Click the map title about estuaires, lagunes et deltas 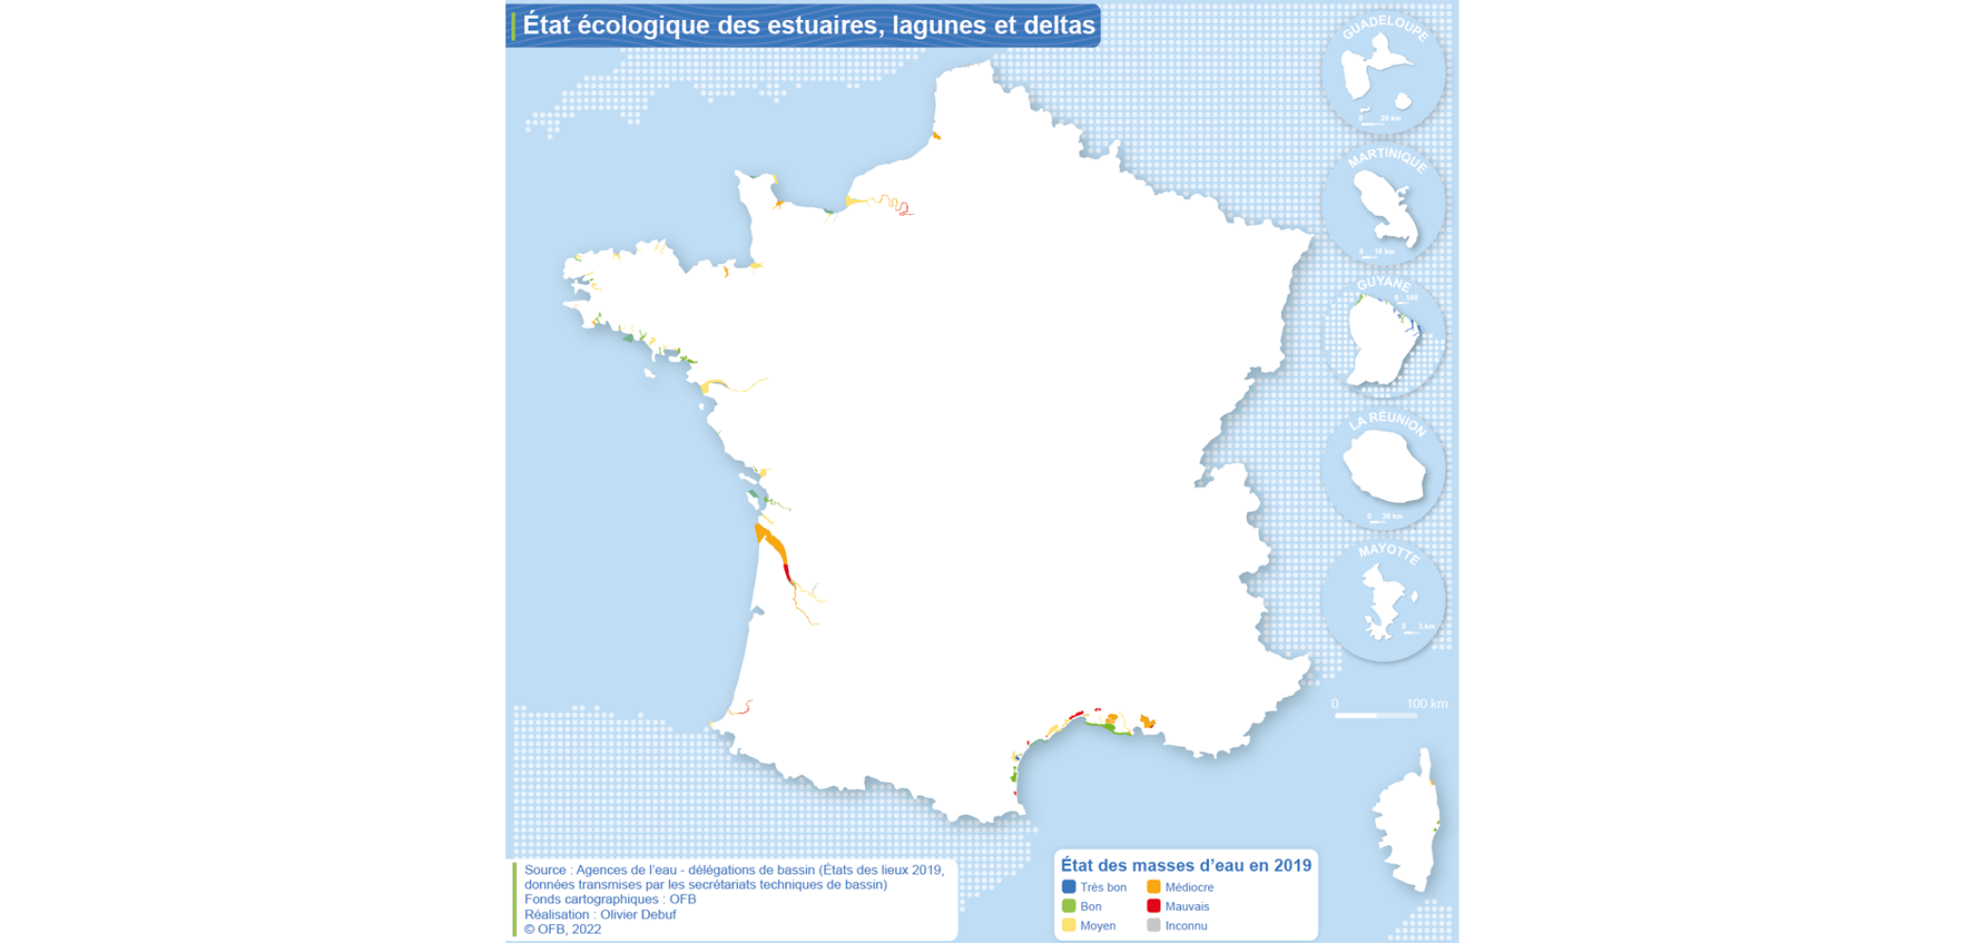click(x=808, y=25)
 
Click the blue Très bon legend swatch click(x=1069, y=887)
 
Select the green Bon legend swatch click(x=1069, y=906)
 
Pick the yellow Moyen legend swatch click(x=1069, y=925)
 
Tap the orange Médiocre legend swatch click(x=1153, y=887)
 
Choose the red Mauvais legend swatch click(x=1153, y=906)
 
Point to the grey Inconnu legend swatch click(x=1153, y=925)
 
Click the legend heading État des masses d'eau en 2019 click(x=1185, y=865)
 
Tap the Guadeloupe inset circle click(x=1383, y=72)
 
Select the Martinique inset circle click(x=1383, y=204)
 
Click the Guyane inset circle click(x=1383, y=336)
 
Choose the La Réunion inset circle click(x=1383, y=468)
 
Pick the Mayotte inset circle click(x=1383, y=600)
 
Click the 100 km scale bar click(x=1376, y=715)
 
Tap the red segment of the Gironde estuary click(x=787, y=572)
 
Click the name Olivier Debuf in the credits click(x=638, y=915)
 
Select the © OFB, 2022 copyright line click(x=563, y=929)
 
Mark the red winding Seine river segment click(x=904, y=209)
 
